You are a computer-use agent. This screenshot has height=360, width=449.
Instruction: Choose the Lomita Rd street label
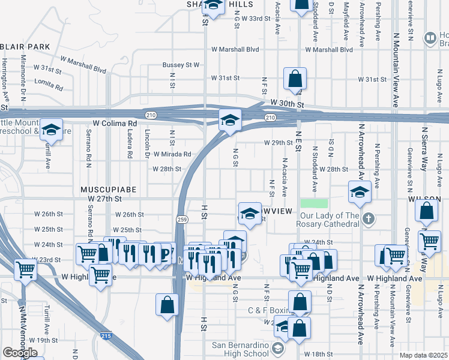click(x=49, y=84)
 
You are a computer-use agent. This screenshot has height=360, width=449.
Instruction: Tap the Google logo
click(x=20, y=353)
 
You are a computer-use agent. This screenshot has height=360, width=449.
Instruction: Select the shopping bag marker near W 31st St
click(x=295, y=78)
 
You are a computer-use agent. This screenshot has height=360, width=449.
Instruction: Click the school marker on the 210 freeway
click(x=229, y=120)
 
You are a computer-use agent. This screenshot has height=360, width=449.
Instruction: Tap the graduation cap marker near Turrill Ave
click(x=52, y=130)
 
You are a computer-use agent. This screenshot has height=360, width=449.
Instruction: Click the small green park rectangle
click(x=315, y=203)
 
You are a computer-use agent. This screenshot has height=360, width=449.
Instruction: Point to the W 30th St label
click(x=286, y=103)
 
